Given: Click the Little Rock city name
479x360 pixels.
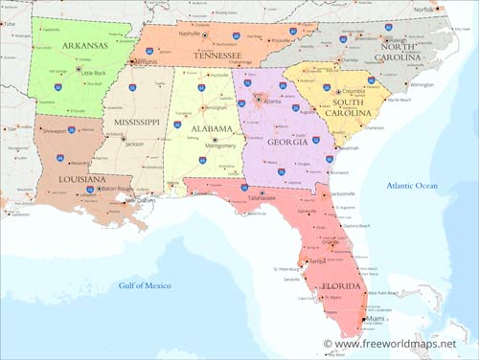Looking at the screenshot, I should (93, 74).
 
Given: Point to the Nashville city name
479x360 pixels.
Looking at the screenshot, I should (189, 34).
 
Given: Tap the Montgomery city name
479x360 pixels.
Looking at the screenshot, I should (219, 146).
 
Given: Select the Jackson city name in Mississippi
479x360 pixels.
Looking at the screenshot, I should (134, 144).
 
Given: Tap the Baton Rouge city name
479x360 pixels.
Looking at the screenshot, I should (115, 189).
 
